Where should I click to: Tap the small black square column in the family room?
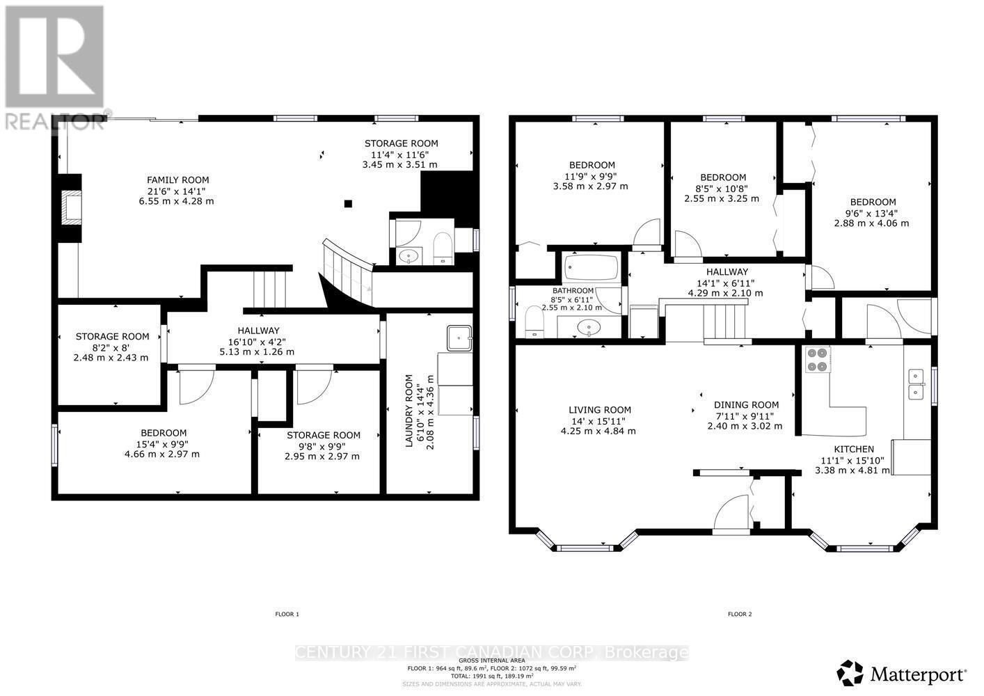tap(348, 204)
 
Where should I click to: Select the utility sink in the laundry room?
tap(459, 338)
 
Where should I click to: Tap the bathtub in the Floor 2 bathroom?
tap(591, 267)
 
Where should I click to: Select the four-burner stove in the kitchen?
tap(816, 359)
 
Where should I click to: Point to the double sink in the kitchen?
tap(916, 384)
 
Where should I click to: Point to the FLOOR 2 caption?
tap(740, 614)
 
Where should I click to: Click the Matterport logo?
tap(902, 674)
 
